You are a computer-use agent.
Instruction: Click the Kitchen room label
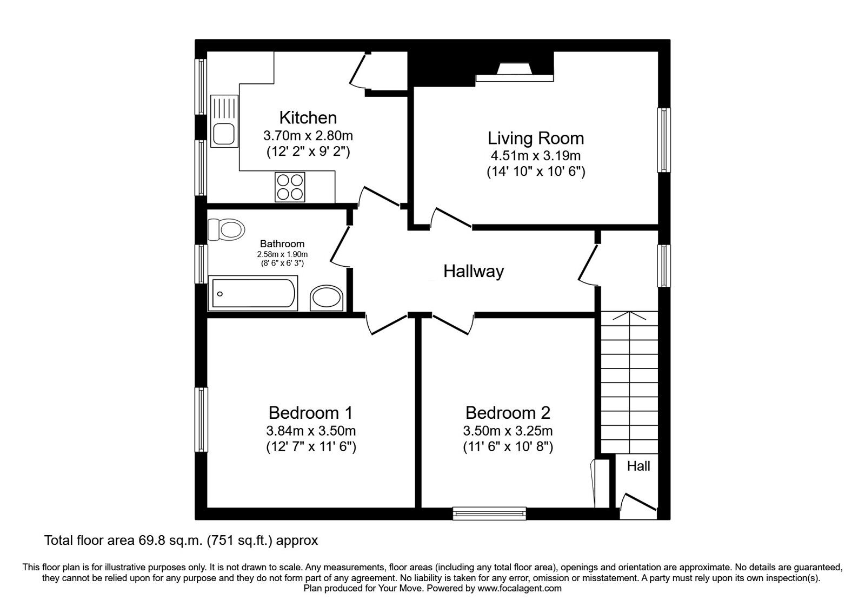[308, 117]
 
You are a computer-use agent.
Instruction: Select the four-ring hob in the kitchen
[290, 187]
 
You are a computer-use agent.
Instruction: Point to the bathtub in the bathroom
[252, 294]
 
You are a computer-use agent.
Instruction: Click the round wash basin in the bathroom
[327, 299]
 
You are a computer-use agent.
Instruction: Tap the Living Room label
[535, 138]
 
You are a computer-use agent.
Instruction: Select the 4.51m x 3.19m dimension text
[535, 156]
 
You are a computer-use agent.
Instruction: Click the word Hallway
[474, 271]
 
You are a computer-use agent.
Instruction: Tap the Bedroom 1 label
[310, 413]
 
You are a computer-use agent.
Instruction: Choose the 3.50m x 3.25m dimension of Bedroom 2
[508, 431]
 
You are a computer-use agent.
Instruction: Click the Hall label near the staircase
[638, 466]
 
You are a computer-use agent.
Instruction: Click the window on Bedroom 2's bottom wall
[490, 513]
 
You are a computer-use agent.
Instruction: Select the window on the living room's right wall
[664, 140]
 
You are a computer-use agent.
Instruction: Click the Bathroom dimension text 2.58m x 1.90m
[282, 254]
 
